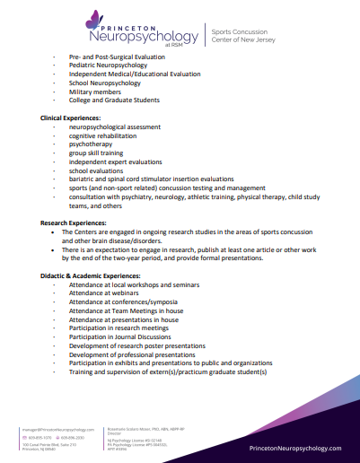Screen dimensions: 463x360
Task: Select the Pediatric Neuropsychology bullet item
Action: coord(110,66)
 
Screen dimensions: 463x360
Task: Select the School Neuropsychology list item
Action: coord(104,83)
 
